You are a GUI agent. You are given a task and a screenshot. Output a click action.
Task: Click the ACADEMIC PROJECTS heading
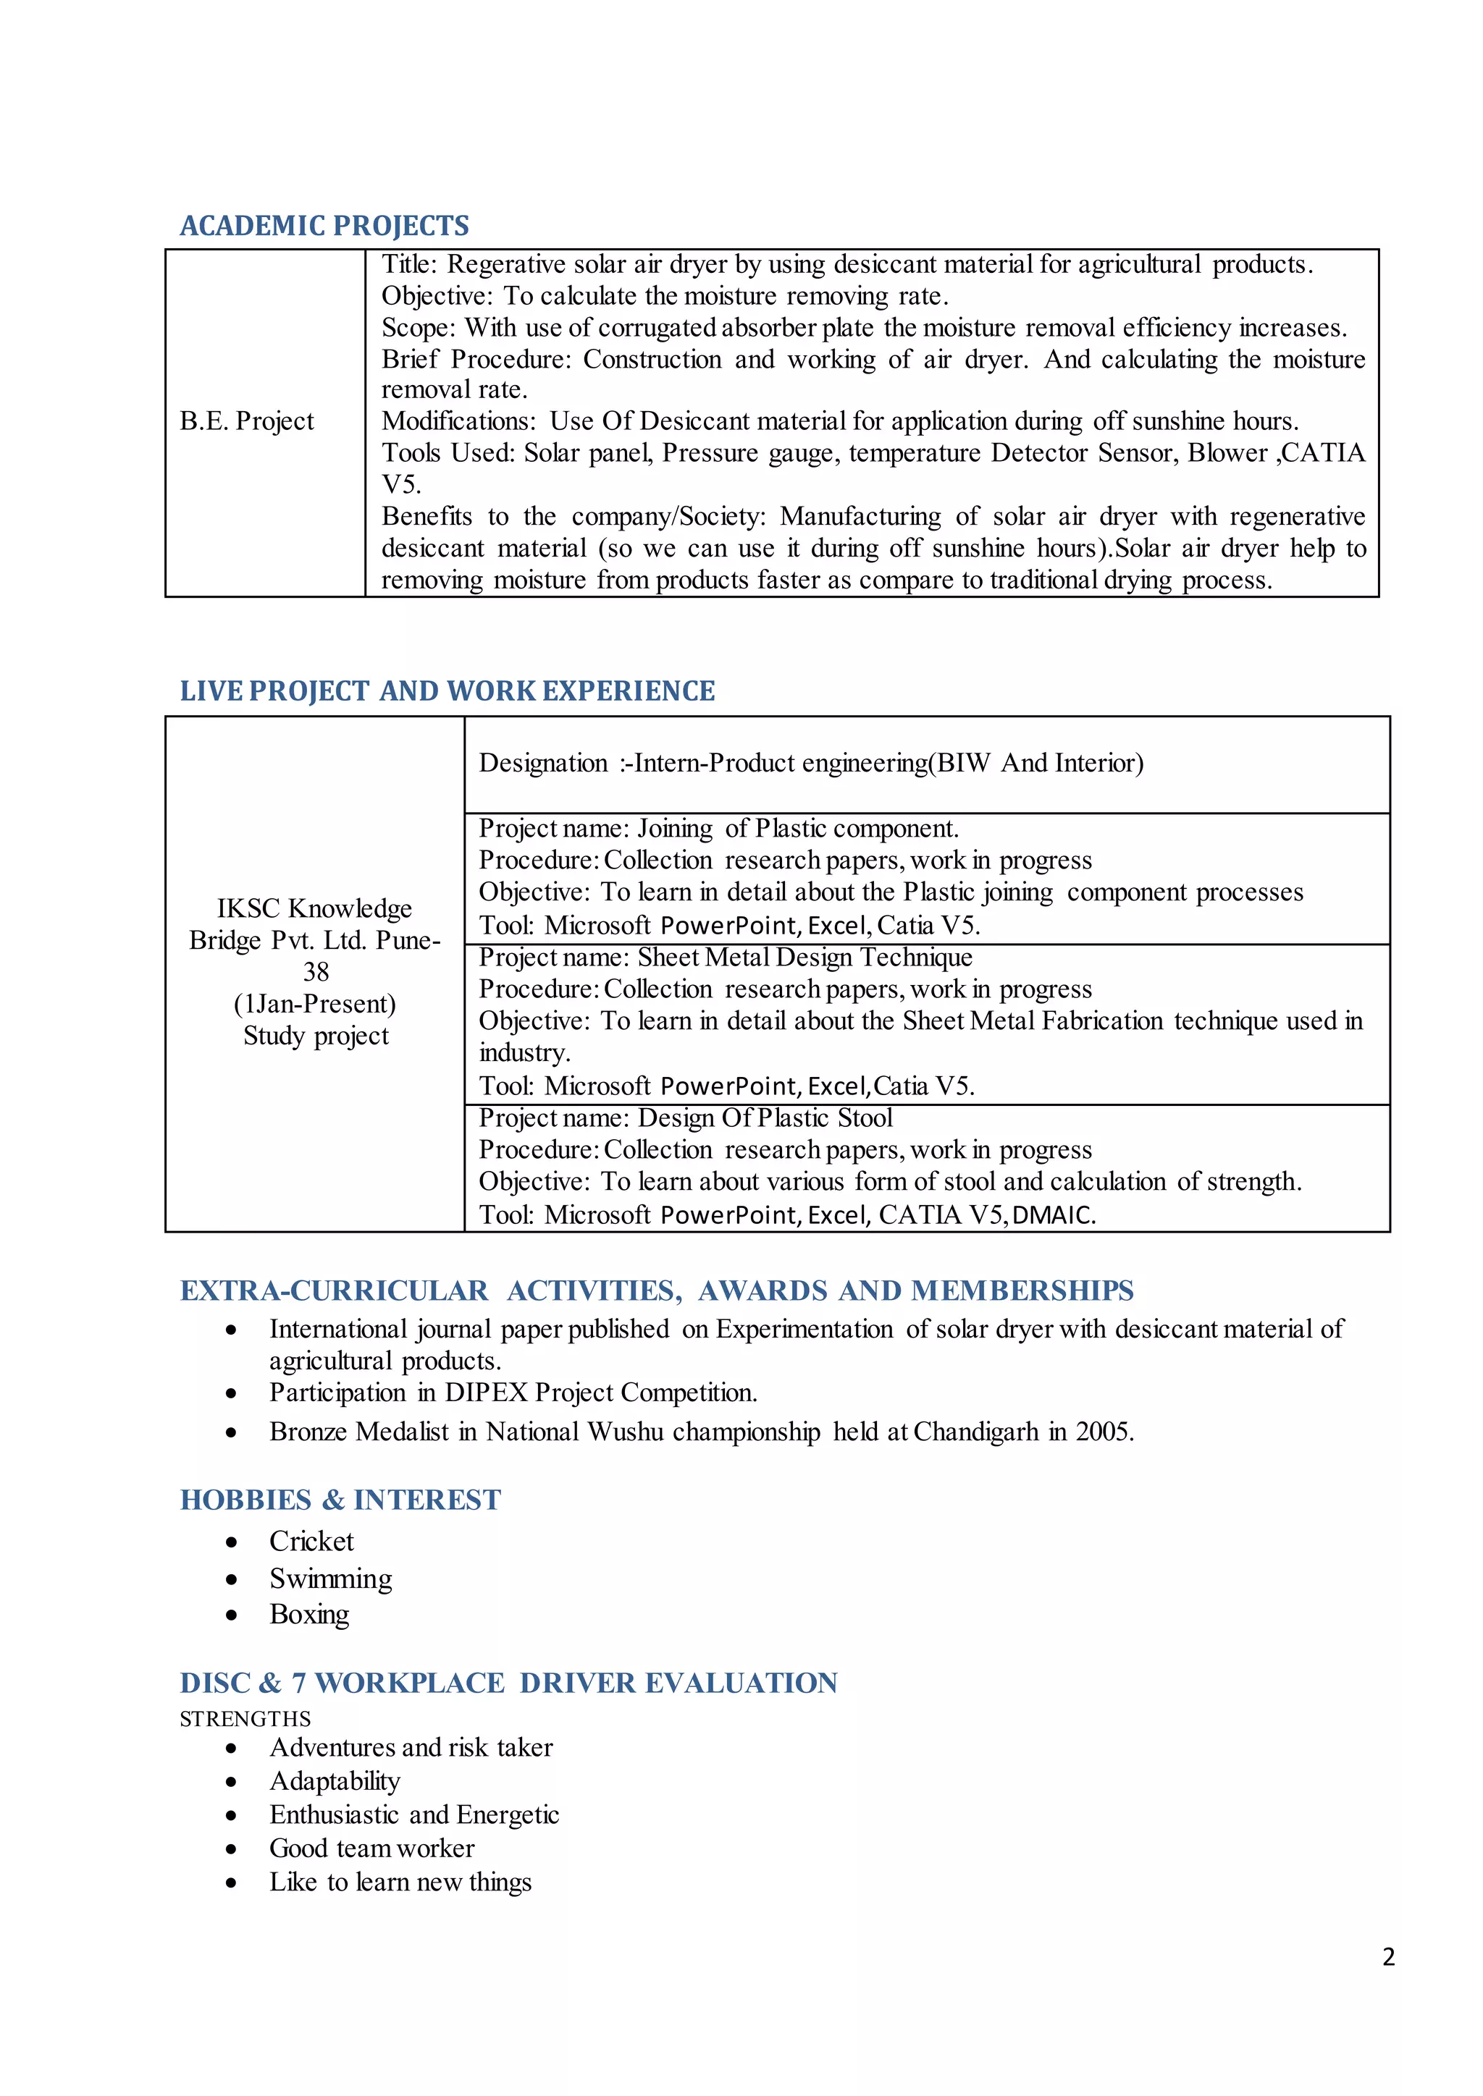324,226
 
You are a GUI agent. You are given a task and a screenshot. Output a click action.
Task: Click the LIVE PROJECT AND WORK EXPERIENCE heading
447,691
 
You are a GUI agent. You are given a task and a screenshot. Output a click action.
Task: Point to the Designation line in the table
811,763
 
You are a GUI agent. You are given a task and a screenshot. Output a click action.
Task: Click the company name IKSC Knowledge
314,908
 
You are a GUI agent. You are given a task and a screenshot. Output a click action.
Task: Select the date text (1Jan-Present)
315,1004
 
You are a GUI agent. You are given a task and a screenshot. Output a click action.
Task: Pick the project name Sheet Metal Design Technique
804,958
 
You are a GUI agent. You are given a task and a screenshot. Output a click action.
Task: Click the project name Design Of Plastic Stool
765,1118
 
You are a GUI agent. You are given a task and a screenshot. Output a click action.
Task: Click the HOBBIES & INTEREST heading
340,1500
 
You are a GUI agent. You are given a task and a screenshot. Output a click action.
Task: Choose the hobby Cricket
311,1542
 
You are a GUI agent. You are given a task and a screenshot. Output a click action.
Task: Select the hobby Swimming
331,1579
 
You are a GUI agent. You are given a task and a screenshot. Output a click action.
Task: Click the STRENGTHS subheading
245,1719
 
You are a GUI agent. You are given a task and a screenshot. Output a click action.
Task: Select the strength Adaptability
335,1781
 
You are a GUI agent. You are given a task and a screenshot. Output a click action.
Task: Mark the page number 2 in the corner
1388,1957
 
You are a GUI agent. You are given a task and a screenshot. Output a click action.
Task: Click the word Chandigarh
975,1432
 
